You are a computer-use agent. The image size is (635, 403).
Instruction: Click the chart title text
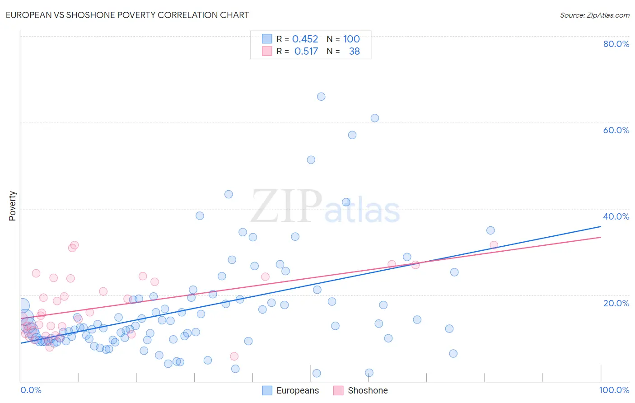127,15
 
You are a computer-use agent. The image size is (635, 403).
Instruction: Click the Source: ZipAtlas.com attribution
594,15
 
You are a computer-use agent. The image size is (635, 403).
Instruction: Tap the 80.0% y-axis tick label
616,44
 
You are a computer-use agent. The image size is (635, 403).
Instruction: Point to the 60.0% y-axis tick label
616,130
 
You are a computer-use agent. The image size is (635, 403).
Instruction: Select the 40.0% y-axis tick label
616,216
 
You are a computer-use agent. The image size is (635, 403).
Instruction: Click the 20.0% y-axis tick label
616,303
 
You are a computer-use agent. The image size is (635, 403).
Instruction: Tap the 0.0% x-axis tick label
31,390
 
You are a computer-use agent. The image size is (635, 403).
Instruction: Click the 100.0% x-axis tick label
614,390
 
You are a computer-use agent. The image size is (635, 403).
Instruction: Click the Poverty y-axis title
12,206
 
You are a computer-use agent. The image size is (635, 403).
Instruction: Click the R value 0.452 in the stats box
305,39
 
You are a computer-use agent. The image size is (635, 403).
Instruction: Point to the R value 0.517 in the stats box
306,52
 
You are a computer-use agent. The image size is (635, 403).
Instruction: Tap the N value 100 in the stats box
351,39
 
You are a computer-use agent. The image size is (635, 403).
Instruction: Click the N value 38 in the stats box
354,52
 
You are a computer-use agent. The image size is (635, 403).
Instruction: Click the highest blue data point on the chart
321,96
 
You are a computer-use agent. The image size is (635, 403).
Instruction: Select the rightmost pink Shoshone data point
494,245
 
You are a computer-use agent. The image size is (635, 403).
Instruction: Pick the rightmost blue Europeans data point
490,230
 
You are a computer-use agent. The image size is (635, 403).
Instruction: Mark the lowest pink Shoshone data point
234,356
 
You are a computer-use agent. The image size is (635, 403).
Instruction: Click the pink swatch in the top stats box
267,52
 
